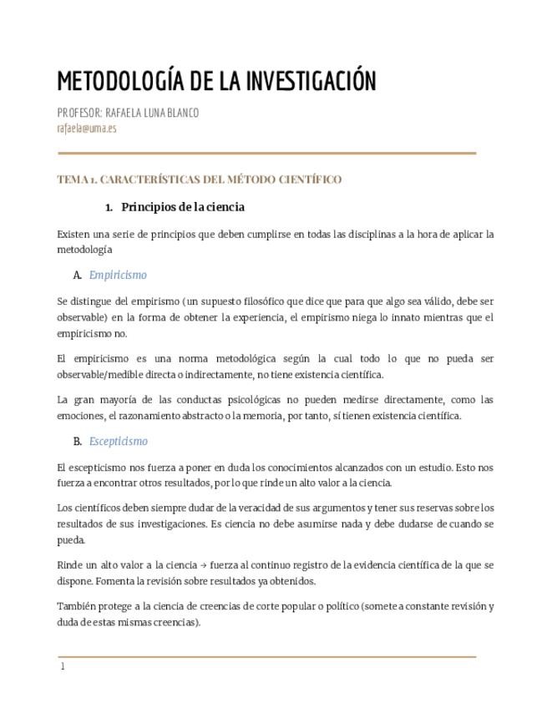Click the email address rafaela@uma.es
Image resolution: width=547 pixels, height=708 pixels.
click(x=87, y=128)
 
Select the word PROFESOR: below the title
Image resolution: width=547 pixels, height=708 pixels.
click(x=79, y=113)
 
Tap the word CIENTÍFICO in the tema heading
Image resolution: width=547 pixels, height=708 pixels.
click(x=309, y=180)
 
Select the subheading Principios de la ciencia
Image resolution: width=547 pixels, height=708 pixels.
click(x=183, y=206)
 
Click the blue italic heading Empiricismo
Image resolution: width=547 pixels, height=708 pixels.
click(x=118, y=275)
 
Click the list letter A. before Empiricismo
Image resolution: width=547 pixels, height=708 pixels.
click(x=78, y=275)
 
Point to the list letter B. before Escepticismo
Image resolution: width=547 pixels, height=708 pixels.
click(x=78, y=441)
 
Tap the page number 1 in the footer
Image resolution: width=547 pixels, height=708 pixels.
click(x=63, y=666)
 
